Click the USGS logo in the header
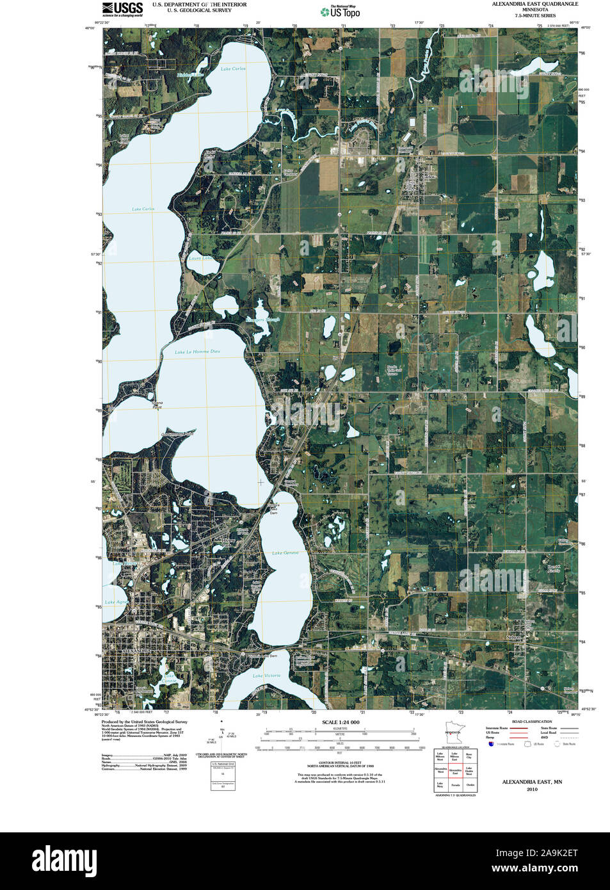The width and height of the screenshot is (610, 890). (122, 8)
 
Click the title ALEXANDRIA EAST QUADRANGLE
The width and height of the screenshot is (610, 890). (534, 4)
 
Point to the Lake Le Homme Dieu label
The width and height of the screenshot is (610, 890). (197, 352)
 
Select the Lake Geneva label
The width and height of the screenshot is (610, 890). (285, 553)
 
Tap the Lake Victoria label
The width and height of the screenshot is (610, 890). (266, 676)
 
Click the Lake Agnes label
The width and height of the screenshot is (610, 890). (116, 602)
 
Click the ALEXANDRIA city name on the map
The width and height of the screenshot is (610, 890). (135, 651)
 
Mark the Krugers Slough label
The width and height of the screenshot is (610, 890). (262, 320)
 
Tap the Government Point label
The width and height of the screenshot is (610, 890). (178, 434)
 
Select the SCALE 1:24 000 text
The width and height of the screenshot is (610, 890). (341, 722)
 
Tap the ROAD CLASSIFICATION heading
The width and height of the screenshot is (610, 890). (531, 722)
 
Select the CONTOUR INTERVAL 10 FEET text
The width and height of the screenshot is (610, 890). (341, 763)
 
